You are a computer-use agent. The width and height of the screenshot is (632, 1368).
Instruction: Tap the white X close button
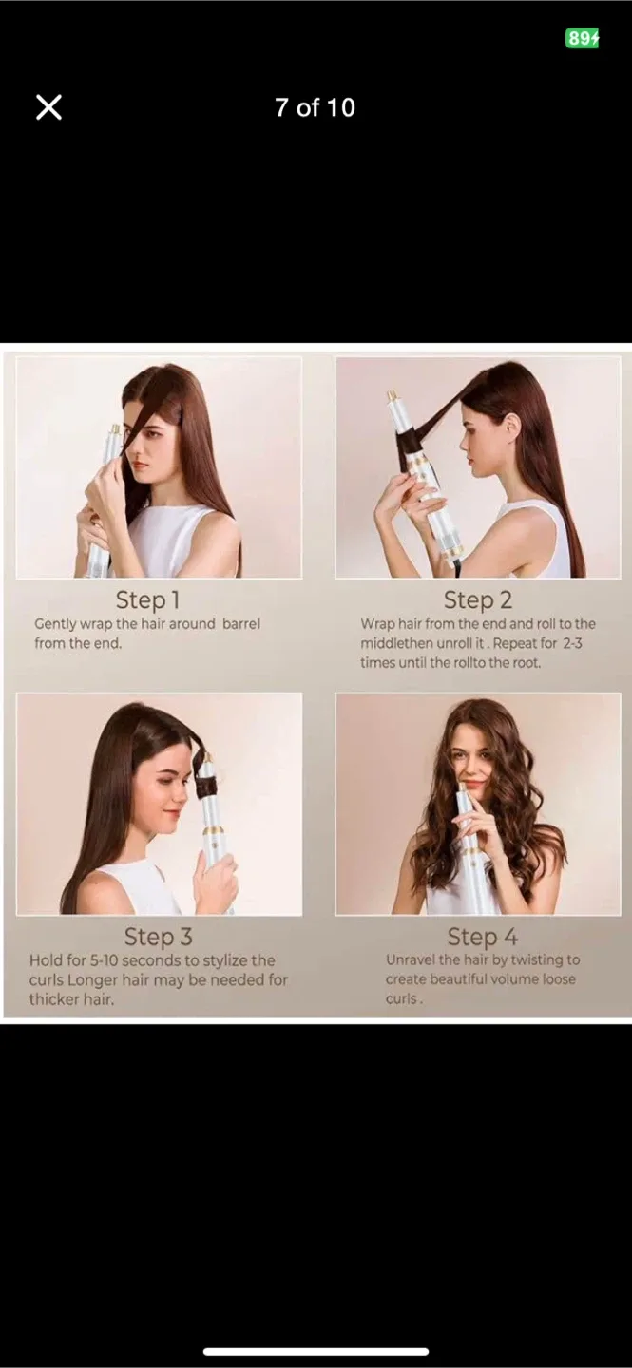[x=48, y=107]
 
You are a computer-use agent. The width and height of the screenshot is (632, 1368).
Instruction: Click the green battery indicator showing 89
[x=583, y=38]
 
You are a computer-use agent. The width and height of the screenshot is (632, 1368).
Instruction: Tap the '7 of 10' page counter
[x=315, y=107]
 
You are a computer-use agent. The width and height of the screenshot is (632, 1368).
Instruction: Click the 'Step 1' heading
[x=147, y=599]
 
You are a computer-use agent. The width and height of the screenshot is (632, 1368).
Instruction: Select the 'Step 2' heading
[x=477, y=599]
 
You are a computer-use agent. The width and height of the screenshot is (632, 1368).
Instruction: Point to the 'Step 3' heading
[x=158, y=937]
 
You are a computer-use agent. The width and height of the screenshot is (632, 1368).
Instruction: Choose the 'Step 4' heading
[x=482, y=937]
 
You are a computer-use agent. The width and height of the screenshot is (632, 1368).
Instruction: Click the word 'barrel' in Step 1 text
[x=240, y=624]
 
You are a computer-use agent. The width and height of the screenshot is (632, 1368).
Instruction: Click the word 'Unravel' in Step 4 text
[x=411, y=960]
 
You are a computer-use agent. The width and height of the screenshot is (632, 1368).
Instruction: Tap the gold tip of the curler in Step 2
[x=392, y=396]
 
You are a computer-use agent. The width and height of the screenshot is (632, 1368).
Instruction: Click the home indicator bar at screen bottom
[x=316, y=1351]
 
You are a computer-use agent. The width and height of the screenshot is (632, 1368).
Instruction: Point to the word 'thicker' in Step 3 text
[x=56, y=998]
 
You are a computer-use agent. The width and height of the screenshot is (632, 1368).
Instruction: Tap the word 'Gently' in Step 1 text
[x=56, y=624]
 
